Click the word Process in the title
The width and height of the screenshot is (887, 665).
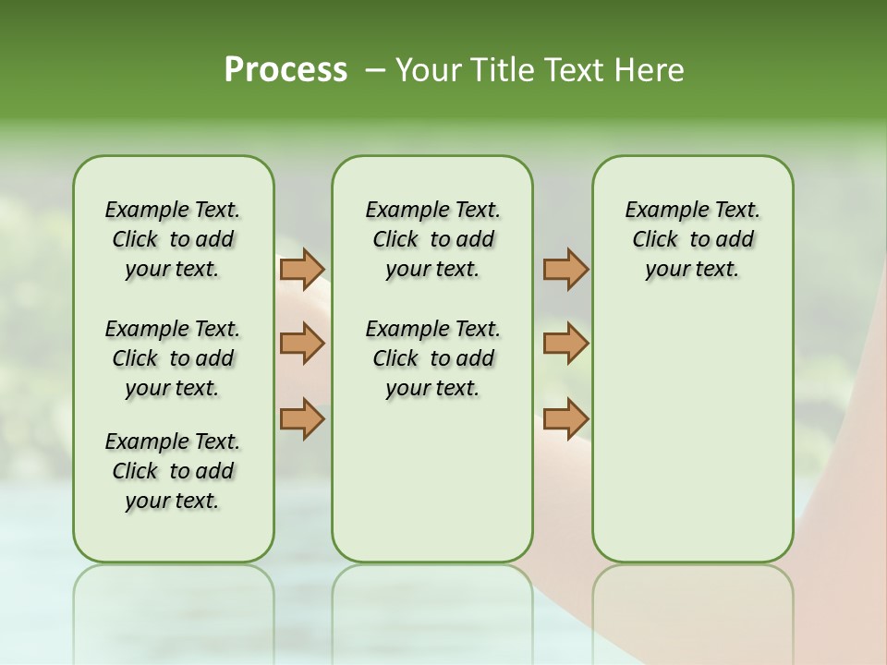coord(286,69)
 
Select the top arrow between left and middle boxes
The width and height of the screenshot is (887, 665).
coord(302,269)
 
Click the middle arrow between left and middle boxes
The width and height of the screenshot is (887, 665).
coord(302,344)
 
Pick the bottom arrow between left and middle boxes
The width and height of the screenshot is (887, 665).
coord(302,418)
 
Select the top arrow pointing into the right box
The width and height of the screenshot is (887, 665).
coord(565,269)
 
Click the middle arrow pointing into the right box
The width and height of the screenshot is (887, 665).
coord(565,344)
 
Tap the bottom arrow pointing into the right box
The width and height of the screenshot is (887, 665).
coord(565,418)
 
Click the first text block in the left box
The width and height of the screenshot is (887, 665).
coord(173,239)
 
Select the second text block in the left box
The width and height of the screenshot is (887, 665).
coord(173,358)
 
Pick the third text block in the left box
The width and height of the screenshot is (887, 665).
coord(173,471)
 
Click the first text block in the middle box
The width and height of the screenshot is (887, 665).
coord(432,239)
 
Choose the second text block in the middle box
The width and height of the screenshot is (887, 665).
coord(432,358)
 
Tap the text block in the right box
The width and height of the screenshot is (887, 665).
coord(692,239)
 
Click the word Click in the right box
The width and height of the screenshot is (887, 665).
coord(655,240)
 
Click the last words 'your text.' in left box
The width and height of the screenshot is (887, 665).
coord(173,501)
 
